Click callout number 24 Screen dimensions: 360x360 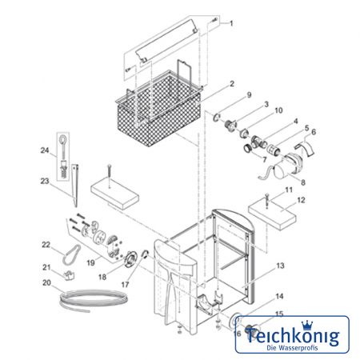45,150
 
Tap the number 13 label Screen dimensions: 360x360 280,266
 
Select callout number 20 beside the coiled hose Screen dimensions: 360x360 46,282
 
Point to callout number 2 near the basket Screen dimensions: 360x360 232,84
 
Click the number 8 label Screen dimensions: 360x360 303,182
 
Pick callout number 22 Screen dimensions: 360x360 46,245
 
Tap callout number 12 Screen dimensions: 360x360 301,200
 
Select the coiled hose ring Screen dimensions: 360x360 94,300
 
